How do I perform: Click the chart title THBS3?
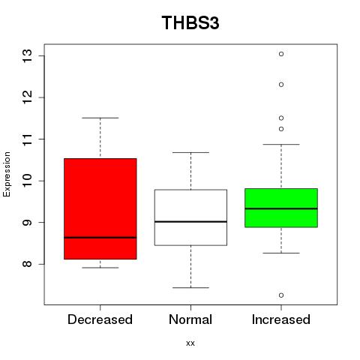click(x=190, y=22)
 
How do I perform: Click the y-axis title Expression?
click(x=7, y=175)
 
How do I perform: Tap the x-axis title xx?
click(x=190, y=343)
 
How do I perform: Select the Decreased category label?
click(x=100, y=319)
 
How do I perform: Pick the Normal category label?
click(x=190, y=319)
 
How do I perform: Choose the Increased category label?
click(x=281, y=319)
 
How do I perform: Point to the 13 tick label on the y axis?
click(x=28, y=55)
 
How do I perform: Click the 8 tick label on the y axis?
click(x=28, y=264)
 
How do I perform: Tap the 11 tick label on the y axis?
click(x=28, y=139)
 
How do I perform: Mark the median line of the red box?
click(x=100, y=238)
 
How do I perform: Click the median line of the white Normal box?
click(x=190, y=222)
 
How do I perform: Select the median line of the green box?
click(x=281, y=208)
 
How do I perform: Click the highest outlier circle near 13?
click(x=281, y=54)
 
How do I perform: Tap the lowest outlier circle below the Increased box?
click(x=281, y=295)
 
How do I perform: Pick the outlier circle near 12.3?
click(x=281, y=85)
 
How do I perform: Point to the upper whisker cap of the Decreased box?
click(x=100, y=118)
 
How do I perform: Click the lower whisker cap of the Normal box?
click(x=190, y=287)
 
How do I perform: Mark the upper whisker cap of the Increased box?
click(x=281, y=144)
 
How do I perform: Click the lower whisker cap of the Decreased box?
click(x=100, y=268)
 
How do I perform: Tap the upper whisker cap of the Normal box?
click(x=190, y=152)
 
